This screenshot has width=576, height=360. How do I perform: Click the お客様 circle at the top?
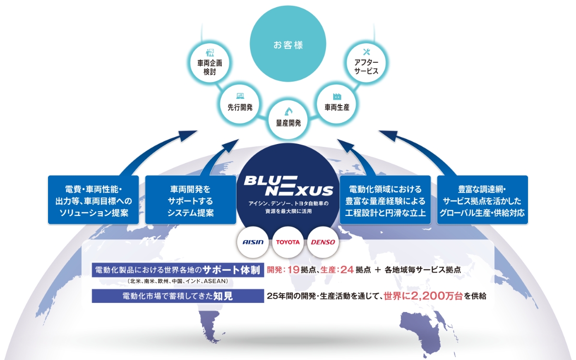coord(288,44)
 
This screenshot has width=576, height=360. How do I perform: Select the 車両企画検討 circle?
coord(210,63)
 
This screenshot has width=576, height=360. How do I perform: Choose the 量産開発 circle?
coord(288,119)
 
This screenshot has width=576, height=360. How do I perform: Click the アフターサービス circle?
coord(366,63)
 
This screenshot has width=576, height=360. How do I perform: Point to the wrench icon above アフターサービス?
coord(366,52)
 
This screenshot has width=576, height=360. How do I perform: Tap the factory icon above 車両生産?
coord(337,96)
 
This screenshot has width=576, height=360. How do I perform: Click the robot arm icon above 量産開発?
coord(288,111)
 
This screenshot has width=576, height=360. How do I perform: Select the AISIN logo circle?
coord(253,242)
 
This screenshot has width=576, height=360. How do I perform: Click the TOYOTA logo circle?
coord(288,242)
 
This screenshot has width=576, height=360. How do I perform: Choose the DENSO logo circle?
coord(323,242)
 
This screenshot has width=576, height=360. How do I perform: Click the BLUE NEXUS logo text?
coord(288,186)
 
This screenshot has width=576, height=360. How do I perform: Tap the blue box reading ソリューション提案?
coord(93,200)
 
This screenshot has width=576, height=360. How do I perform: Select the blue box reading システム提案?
coord(191,200)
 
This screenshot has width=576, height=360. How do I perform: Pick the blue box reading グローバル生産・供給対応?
coord(482,200)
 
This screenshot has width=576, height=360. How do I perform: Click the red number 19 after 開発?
coord(293,270)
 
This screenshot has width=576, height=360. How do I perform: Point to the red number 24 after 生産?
coord(347,270)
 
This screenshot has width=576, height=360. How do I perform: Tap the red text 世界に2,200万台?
coord(423,296)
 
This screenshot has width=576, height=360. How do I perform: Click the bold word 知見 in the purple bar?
coord(223,296)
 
